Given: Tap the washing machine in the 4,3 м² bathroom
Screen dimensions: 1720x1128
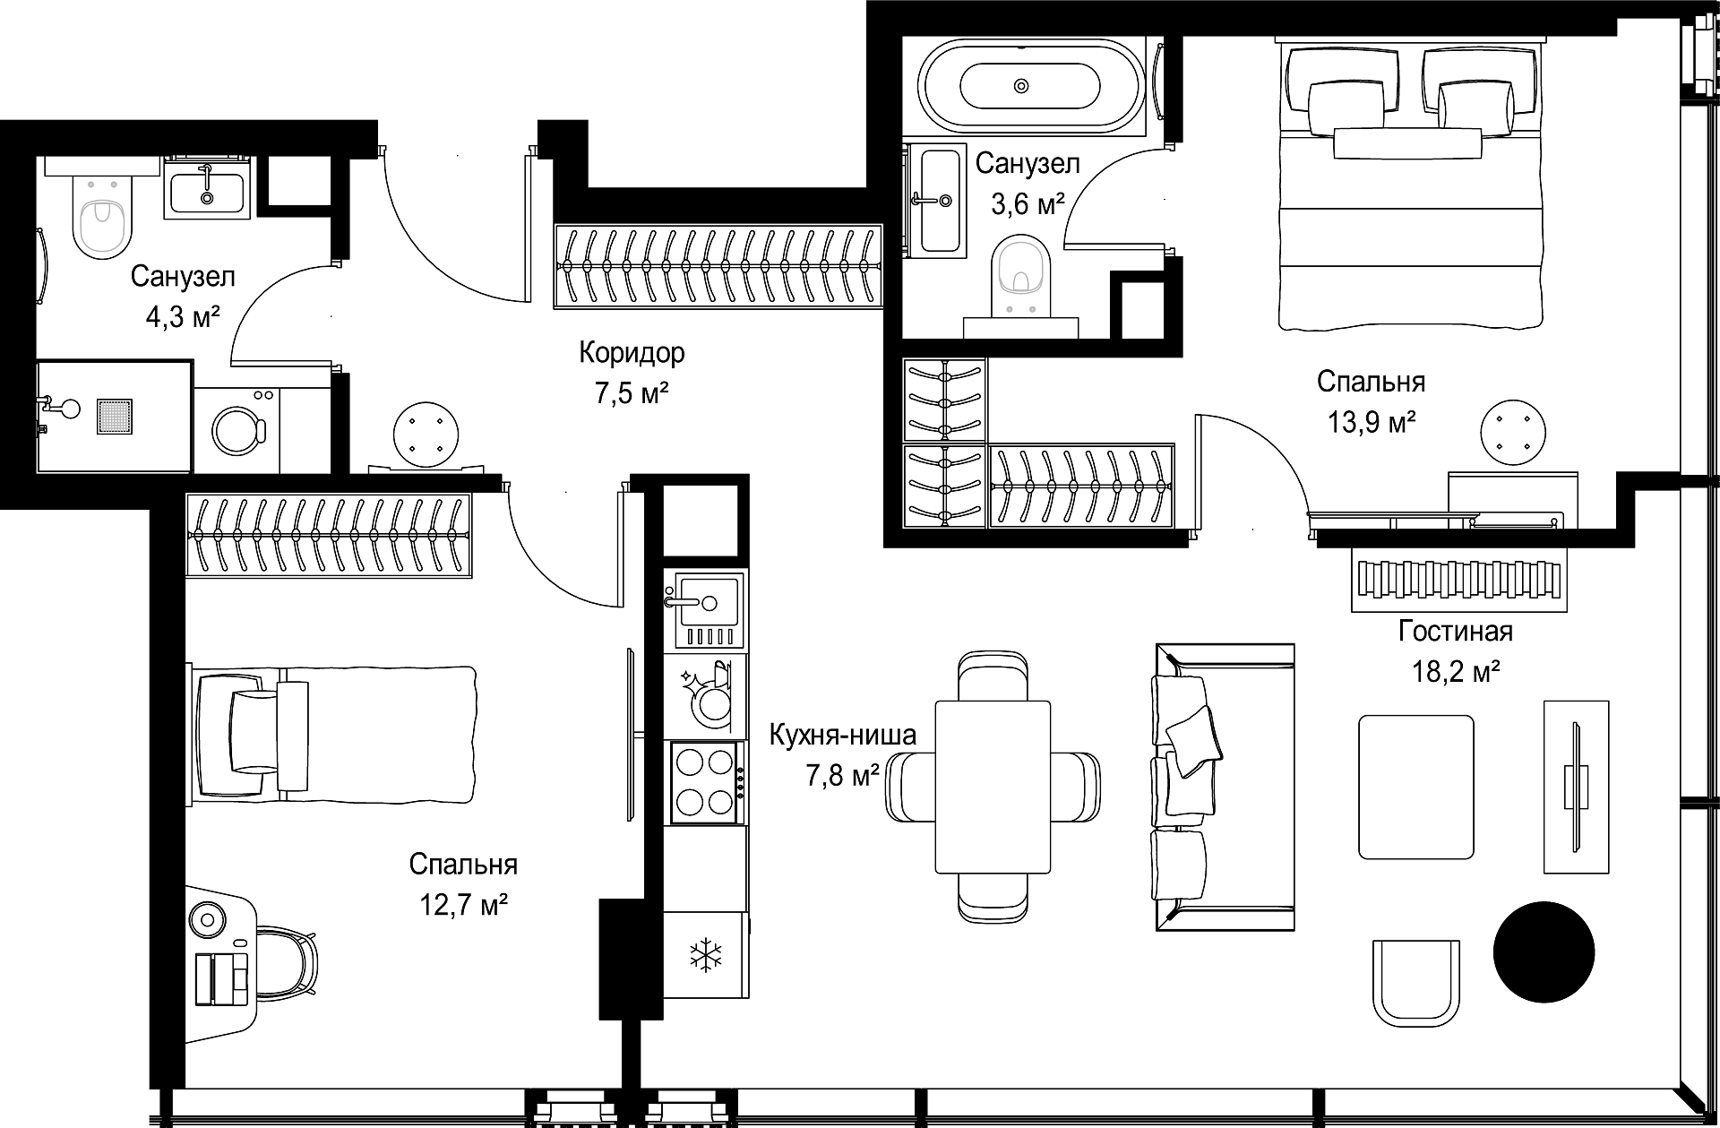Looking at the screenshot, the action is (x=237, y=429).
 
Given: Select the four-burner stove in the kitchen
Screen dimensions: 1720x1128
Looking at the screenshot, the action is (x=704, y=782).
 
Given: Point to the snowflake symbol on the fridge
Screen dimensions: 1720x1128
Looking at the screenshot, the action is (x=705, y=955).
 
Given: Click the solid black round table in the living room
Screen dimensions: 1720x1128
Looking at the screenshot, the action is (x=1544, y=950).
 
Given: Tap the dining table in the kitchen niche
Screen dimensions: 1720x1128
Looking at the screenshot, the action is (x=993, y=786).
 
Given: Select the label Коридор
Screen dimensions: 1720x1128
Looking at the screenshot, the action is (x=632, y=353).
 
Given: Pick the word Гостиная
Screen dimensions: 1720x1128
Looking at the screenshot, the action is (x=1456, y=632).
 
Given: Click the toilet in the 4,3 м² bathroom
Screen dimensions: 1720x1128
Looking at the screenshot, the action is (x=101, y=215).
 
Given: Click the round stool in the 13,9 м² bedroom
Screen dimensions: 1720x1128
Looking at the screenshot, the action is (x=1512, y=433).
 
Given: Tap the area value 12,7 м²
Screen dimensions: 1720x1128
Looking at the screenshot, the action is (x=464, y=906).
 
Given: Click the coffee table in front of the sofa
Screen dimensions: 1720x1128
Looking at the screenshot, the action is (x=1416, y=787).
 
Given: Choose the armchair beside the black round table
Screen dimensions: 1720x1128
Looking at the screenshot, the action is (x=1416, y=983).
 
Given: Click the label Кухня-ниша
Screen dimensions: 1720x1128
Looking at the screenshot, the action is (x=843, y=736).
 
